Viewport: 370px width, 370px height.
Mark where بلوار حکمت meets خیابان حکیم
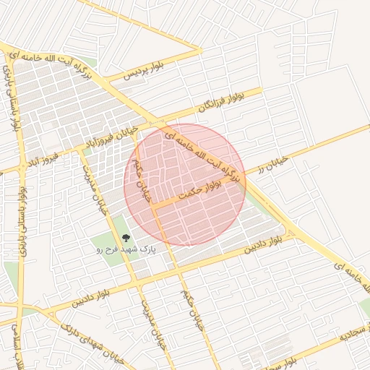point(152,207)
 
